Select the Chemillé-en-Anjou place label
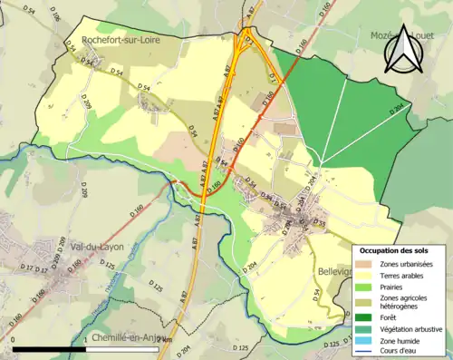pos(125,337)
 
